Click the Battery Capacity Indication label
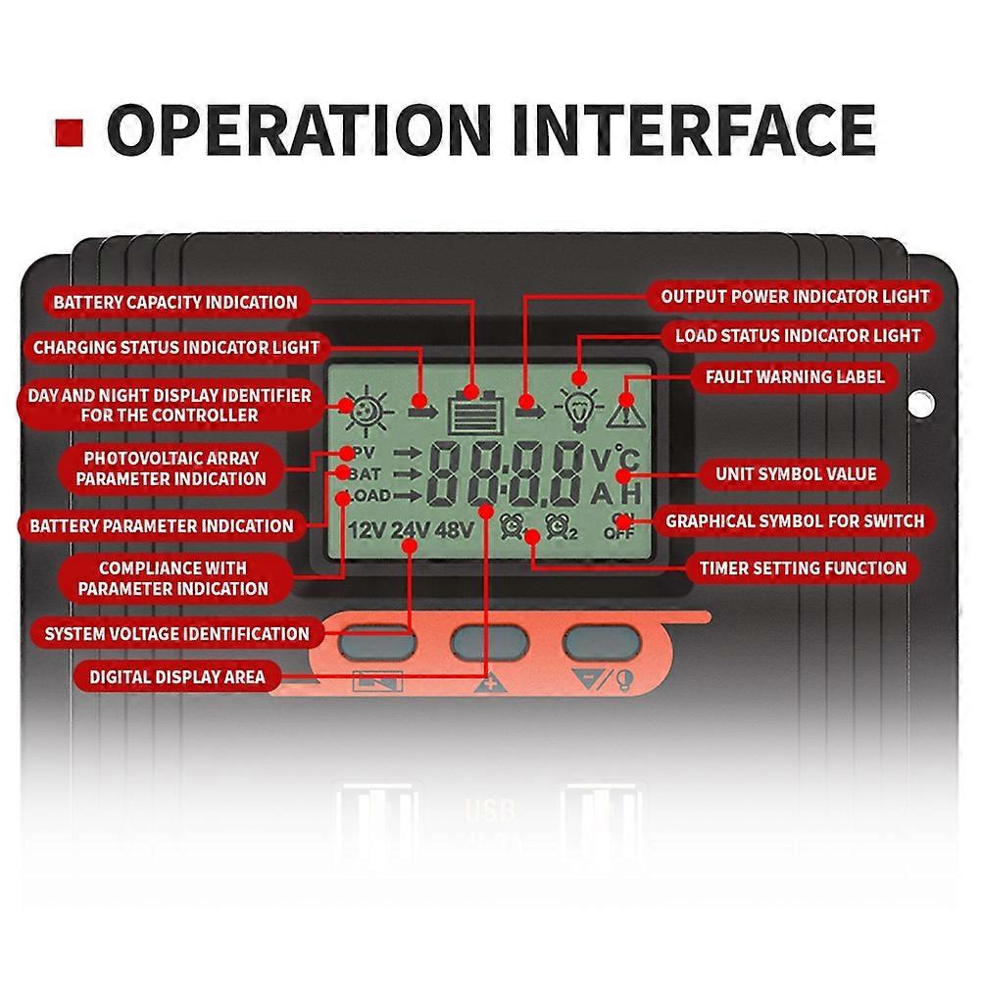click(174, 302)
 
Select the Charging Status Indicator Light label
click(176, 347)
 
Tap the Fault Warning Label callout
click(795, 376)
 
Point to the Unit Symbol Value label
click(795, 474)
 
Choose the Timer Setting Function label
click(802, 567)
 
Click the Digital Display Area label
click(177, 676)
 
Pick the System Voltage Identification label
click(176, 633)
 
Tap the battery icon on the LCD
click(475, 410)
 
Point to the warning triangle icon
click(623, 411)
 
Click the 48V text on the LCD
click(455, 532)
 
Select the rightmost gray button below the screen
click(602, 642)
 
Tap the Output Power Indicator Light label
click(795, 296)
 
